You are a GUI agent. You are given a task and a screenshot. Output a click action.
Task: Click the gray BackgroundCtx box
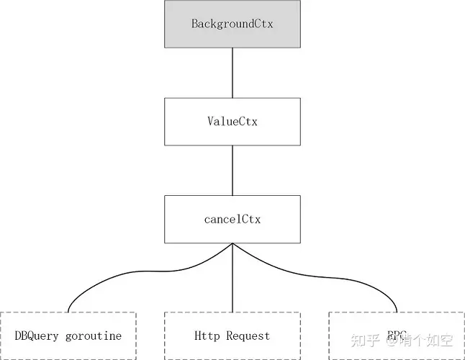pos(232,24)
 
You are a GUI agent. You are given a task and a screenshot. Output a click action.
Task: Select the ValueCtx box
pos(232,121)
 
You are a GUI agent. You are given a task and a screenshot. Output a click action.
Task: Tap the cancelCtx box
pos(232,219)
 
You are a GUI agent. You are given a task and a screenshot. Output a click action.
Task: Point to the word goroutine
pos(94,336)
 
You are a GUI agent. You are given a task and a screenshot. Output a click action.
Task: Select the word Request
pos(248,336)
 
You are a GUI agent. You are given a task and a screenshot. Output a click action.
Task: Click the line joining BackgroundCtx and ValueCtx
pos(232,73)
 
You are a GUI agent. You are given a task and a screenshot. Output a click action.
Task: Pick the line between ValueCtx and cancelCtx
pos(232,170)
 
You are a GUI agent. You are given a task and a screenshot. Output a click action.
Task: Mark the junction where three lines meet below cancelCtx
pos(232,244)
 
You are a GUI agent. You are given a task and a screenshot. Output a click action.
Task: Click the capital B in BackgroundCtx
pos(194,24)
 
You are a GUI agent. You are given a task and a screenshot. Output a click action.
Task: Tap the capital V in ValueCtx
pos(210,121)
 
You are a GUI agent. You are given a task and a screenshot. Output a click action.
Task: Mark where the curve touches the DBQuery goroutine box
pos(68,312)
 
